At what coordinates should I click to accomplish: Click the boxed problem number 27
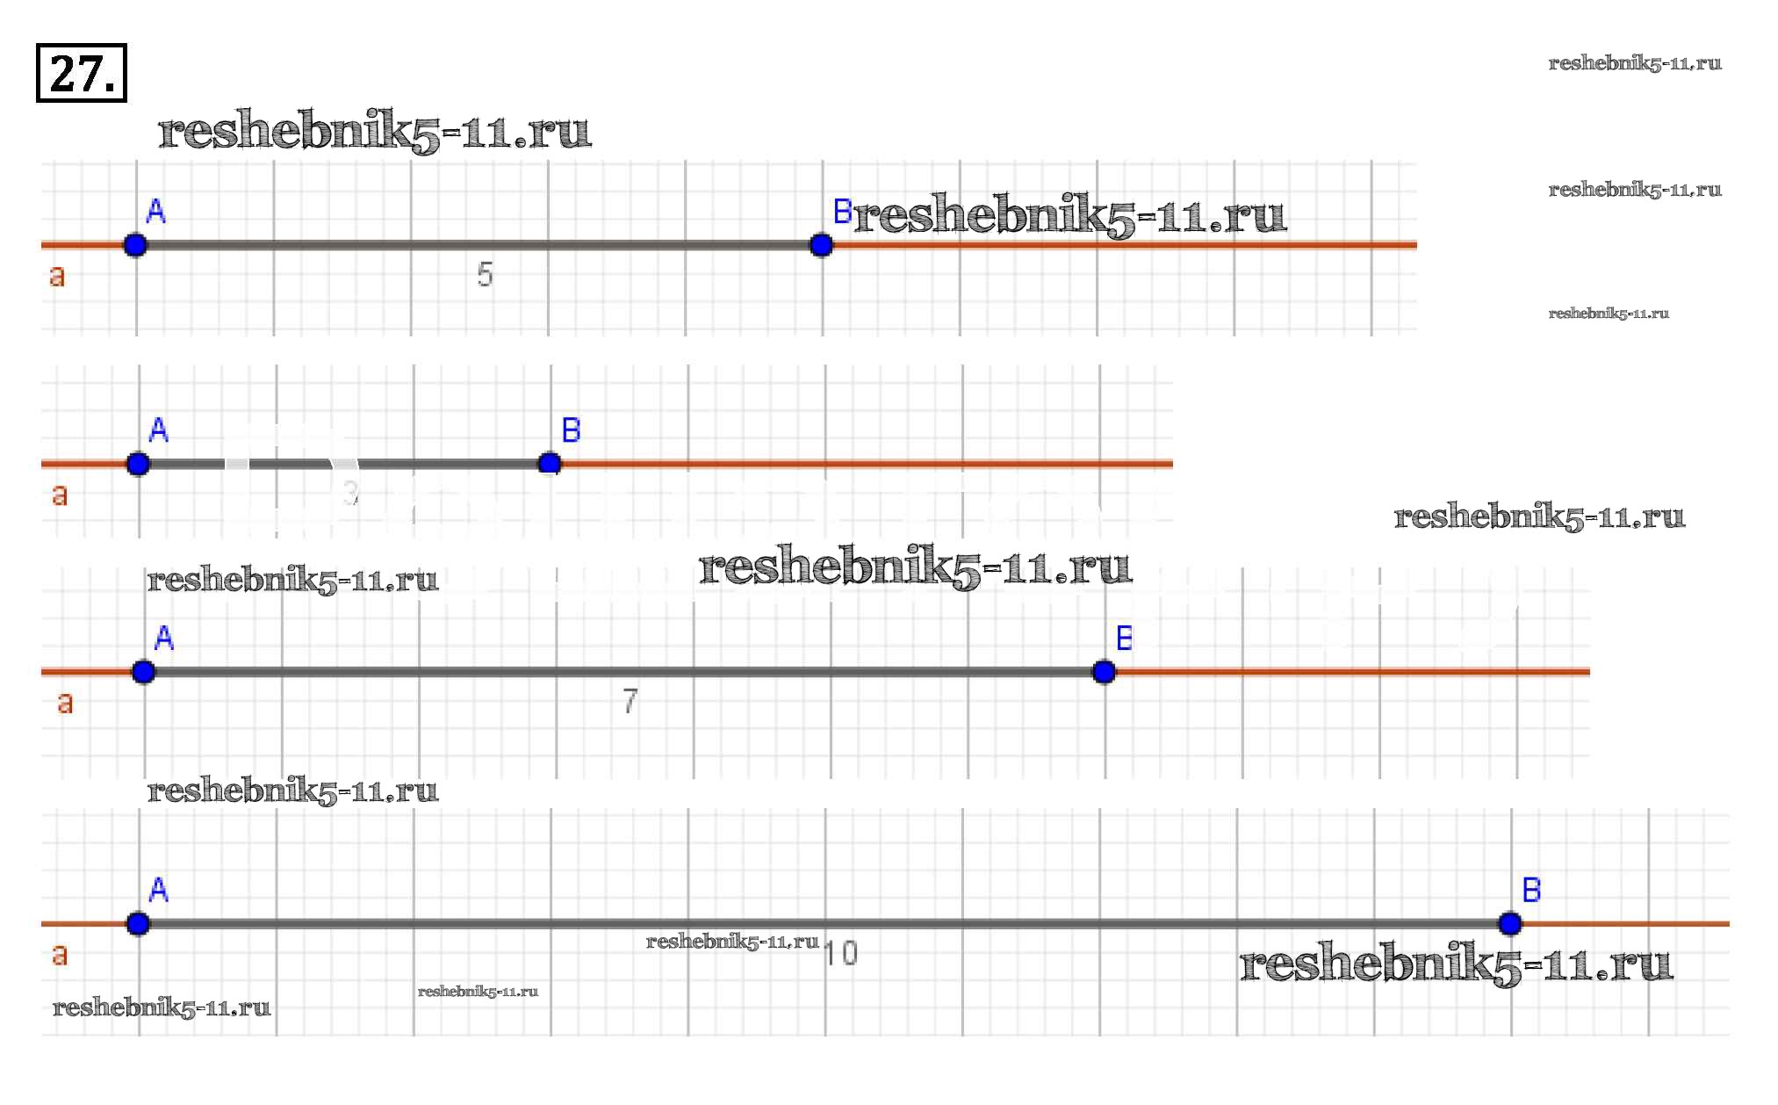81,73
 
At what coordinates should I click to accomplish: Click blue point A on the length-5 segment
135,245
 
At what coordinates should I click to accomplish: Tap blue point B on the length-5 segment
821,245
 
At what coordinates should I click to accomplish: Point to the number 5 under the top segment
485,275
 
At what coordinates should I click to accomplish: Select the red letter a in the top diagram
57,277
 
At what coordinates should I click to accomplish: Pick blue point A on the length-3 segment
138,464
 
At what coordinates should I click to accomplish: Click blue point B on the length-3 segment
550,463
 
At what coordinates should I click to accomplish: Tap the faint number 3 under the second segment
350,493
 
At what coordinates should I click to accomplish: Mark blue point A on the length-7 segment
143,672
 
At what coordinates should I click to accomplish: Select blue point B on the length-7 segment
1104,672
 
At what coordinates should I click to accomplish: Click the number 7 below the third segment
630,701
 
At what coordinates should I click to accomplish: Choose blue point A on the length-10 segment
138,923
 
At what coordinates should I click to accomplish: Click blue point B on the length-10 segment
1509,923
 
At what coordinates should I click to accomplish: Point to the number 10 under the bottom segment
840,953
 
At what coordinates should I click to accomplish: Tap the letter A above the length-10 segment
159,890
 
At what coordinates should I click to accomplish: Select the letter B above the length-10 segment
1531,890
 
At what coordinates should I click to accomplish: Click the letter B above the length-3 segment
571,430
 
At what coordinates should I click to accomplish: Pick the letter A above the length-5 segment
155,212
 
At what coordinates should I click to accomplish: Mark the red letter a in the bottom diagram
60,955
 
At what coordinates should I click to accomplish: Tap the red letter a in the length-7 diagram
65,704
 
